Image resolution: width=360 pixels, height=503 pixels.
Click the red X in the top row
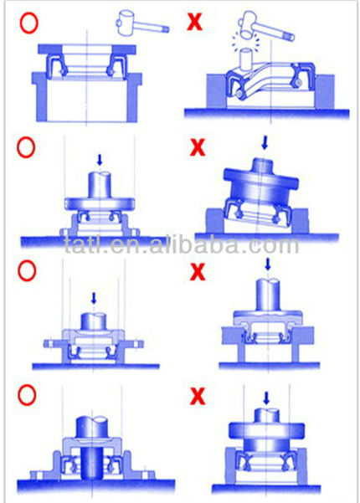click(194, 23)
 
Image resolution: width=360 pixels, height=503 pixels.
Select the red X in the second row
click(198, 147)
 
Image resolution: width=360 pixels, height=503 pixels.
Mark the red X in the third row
click(198, 271)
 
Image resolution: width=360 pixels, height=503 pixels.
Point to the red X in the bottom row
click(198, 396)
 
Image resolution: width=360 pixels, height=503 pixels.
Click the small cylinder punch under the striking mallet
click(244, 59)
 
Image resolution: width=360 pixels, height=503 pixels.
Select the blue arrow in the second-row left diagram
click(100, 160)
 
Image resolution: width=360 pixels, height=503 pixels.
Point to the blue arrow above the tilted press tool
click(265, 143)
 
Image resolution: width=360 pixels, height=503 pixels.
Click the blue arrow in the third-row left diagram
click(94, 298)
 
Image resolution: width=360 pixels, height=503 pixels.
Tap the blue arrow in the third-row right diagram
click(268, 264)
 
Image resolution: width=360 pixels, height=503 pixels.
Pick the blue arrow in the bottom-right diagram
click(266, 398)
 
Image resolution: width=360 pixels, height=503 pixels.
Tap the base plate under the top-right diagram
click(266, 114)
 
